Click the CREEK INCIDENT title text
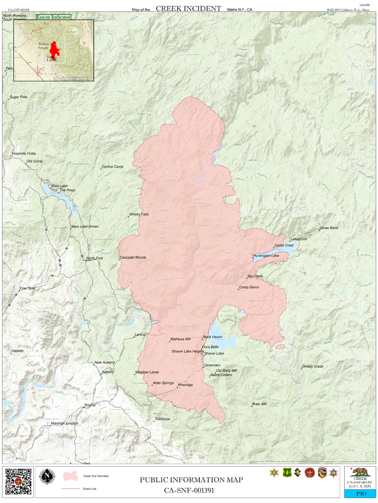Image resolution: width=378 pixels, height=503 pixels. pyautogui.click(x=188, y=9)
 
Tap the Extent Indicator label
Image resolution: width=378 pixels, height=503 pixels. pyautogui.click(x=53, y=17)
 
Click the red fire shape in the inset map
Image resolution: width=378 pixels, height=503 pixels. pyautogui.click(x=54, y=50)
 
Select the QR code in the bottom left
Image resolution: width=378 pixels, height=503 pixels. pyautogui.click(x=18, y=481)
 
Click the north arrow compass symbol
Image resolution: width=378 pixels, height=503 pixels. pyautogui.click(x=47, y=477)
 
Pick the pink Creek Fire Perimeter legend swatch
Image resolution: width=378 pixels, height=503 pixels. pyautogui.click(x=70, y=476)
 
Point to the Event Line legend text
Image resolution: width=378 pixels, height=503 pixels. pyautogui.click(x=90, y=489)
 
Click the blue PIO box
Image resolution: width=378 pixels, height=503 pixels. pyautogui.click(x=360, y=493)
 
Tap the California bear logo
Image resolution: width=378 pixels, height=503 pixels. pyautogui.click(x=360, y=472)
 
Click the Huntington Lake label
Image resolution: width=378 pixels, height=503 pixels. pyautogui.click(x=266, y=256)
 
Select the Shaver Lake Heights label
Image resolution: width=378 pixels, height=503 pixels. pyautogui.click(x=188, y=351)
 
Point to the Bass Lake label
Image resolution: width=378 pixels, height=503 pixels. pyautogui.click(x=60, y=186)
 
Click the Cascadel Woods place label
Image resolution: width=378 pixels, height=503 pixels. pyautogui.click(x=133, y=257)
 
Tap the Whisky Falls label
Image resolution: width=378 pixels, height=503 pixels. pyautogui.click(x=139, y=214)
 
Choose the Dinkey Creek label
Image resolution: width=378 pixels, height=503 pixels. pyautogui.click(x=313, y=367)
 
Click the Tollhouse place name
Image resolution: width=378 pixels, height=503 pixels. pyautogui.click(x=162, y=419)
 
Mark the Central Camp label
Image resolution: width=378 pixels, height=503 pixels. pyautogui.click(x=112, y=167)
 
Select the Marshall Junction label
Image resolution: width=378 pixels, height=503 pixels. pyautogui.click(x=64, y=423)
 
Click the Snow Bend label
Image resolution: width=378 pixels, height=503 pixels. pyautogui.click(x=329, y=228)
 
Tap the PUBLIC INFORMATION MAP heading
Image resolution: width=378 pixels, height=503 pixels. pyautogui.click(x=191, y=480)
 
